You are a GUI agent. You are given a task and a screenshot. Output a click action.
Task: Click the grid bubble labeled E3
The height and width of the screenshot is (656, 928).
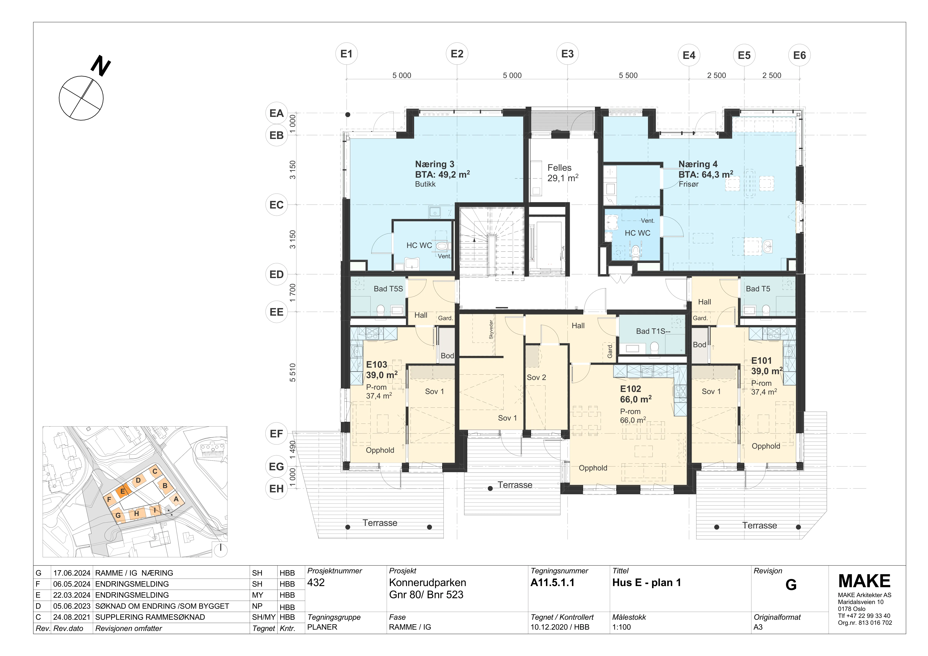[x=568, y=54]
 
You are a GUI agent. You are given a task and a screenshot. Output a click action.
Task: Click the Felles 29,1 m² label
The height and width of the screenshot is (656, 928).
[x=563, y=173]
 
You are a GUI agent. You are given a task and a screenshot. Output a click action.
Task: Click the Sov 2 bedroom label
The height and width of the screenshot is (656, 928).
[x=536, y=377]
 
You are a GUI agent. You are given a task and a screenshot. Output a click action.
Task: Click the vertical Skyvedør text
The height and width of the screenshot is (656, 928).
[x=491, y=329]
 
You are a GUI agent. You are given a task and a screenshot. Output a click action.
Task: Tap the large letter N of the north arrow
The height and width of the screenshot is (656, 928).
[x=101, y=66]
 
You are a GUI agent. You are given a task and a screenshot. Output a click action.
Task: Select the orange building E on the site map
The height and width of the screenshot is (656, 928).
[x=123, y=491]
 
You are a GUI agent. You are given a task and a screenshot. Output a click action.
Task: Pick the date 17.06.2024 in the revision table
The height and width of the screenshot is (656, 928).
[x=71, y=573]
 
